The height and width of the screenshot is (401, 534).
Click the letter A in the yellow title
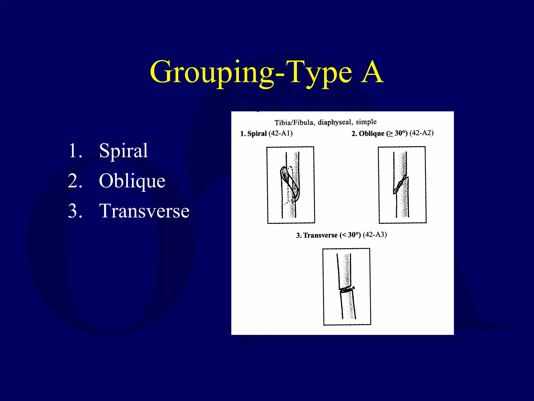[x=372, y=72]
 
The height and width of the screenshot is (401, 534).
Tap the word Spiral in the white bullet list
[x=123, y=151]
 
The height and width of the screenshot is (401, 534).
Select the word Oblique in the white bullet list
[x=132, y=181]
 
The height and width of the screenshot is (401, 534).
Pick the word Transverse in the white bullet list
[x=144, y=211]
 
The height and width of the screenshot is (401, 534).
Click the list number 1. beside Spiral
[x=75, y=151]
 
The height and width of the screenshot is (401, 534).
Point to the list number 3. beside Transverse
[x=75, y=211]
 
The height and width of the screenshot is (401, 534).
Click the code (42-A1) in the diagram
[x=281, y=133]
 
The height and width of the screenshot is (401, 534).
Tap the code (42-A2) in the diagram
[x=421, y=133]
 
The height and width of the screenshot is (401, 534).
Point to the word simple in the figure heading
[x=366, y=122]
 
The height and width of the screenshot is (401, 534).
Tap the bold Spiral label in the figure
[x=257, y=134]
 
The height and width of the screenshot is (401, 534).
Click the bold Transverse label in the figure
[x=320, y=235]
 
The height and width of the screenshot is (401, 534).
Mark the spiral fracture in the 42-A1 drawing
[x=290, y=184]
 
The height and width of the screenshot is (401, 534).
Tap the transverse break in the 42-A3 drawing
[x=346, y=290]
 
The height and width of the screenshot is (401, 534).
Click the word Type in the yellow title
[x=320, y=73]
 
